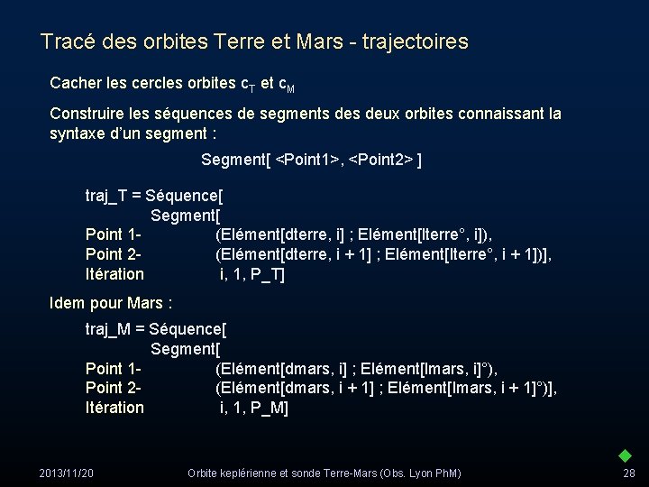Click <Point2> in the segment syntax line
tap(379, 160)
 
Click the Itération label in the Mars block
tap(114, 408)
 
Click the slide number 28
tap(628, 473)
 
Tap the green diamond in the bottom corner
tap(625, 455)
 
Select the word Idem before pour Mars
tap(68, 302)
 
